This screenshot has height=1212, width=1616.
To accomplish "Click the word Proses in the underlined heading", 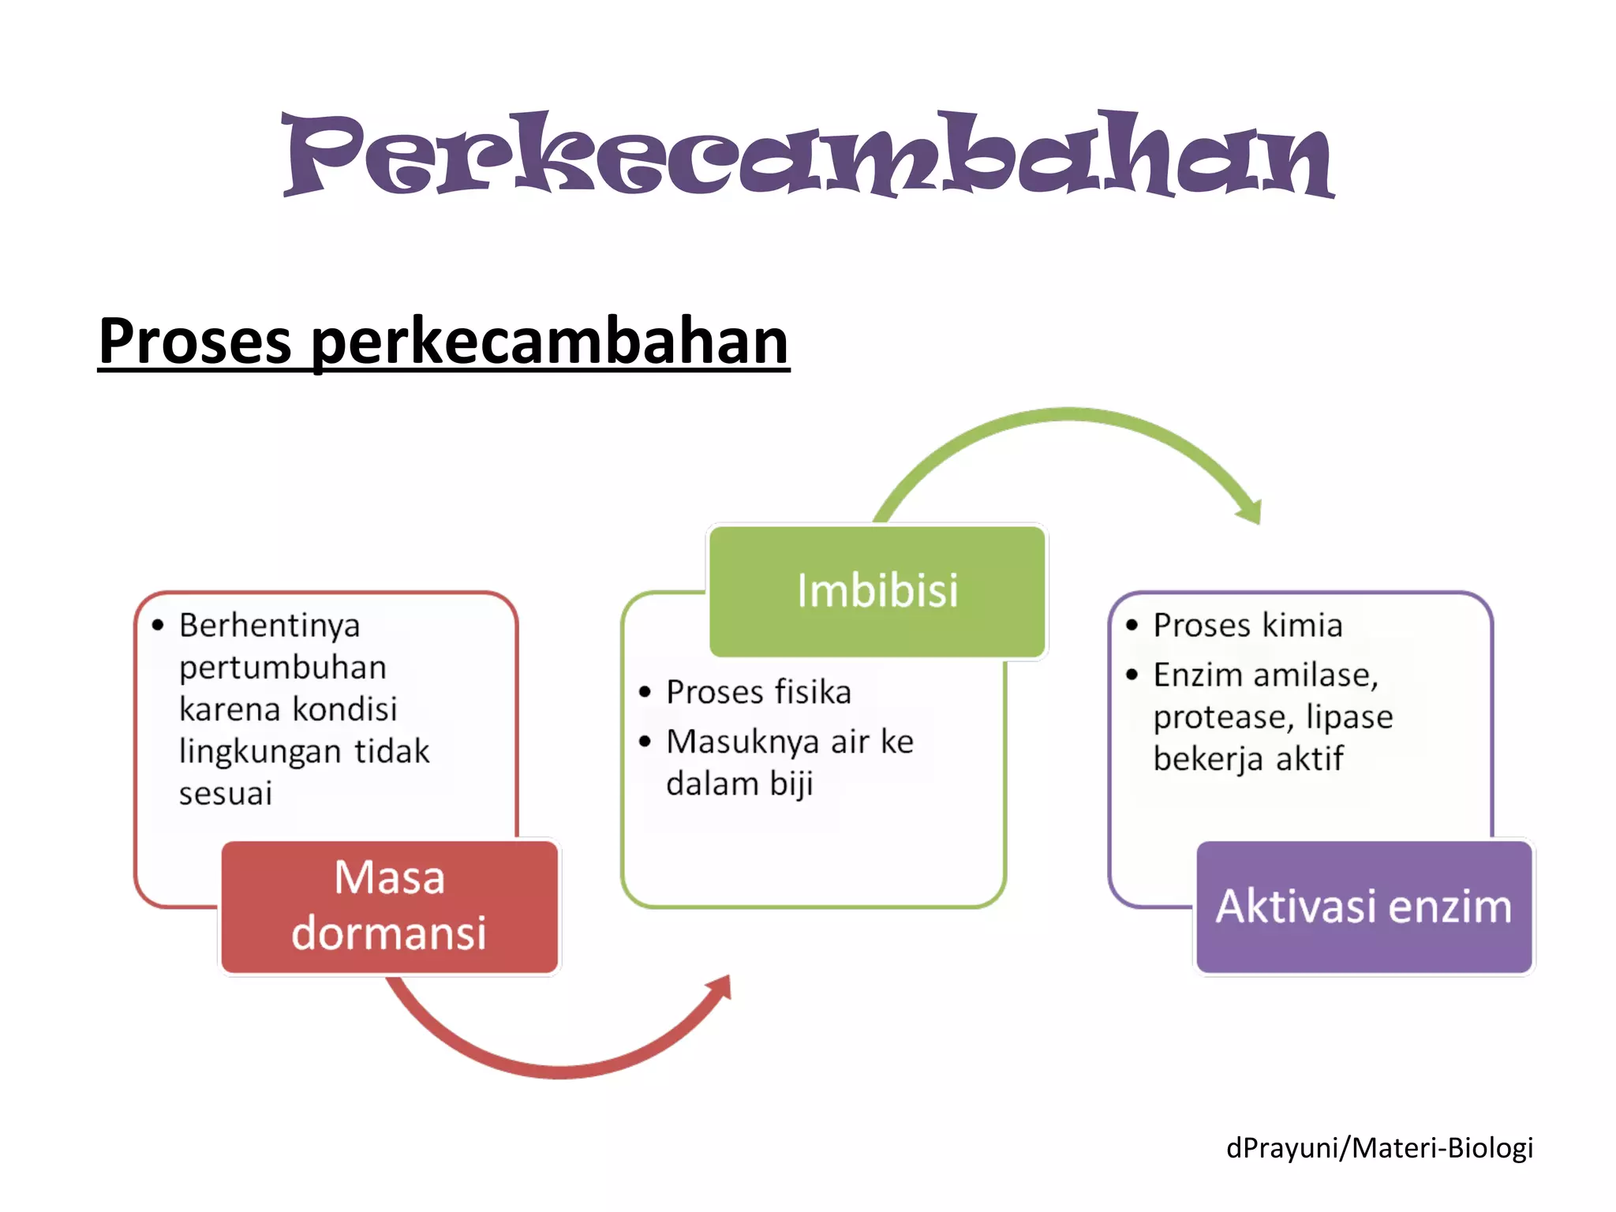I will pos(195,341).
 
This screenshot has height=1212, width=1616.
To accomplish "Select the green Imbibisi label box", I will pos(877,591).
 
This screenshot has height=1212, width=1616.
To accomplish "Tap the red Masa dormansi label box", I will pos(389,906).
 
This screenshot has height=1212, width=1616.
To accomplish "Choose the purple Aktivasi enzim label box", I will pos(1363,906).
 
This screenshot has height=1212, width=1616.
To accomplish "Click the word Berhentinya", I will pos(269,626).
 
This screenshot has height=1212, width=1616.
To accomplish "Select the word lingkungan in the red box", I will pos(260,751).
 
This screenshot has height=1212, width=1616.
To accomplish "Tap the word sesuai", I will pos(225,793).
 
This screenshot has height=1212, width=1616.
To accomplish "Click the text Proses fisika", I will pos(758,692).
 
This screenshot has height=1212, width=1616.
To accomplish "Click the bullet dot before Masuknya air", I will pos(645,742).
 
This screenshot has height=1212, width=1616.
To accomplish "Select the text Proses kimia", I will pos(1248,626).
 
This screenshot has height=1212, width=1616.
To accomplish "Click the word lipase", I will pos(1349,717).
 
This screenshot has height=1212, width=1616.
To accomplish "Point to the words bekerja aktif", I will pos(1248,759).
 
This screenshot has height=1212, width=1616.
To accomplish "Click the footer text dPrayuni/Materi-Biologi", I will pos(1379,1147).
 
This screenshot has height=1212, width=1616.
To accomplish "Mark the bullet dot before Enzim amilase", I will pos(1132,675).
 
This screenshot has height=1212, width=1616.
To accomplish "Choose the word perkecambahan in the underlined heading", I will pos(550,341).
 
